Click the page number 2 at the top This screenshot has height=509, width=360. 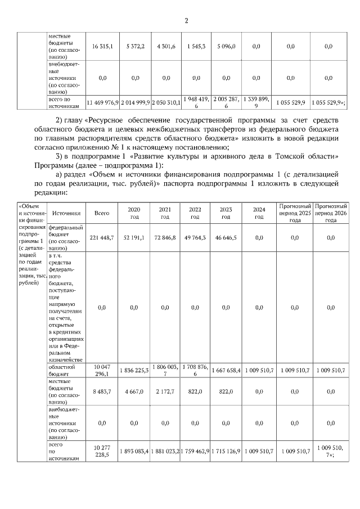point(186,21)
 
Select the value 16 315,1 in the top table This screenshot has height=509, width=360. point(102,47)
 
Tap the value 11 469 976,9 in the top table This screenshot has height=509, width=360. point(102,103)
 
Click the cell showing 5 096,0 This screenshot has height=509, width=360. point(226,47)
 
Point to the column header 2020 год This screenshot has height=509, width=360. point(134,213)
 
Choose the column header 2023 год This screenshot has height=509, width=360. point(226,213)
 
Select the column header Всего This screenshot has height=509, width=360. point(102,213)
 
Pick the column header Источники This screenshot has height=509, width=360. point(66,213)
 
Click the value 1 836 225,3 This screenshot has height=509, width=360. point(134,370)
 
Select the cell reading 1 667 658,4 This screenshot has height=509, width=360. point(226,370)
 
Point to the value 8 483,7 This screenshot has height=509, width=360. point(102,391)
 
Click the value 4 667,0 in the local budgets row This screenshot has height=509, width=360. point(134,391)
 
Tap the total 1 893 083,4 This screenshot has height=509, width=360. point(134,451)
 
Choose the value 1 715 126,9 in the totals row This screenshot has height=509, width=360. point(226,451)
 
